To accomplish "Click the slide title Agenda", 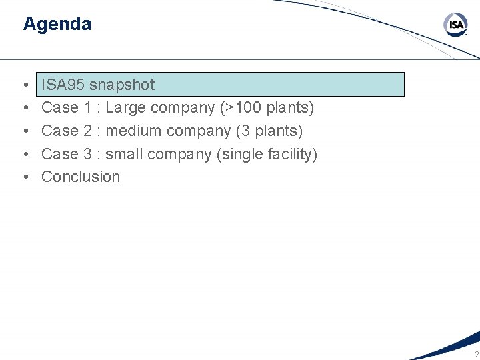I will tap(57, 24).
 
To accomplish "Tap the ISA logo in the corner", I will tap(456, 26).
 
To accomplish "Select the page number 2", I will tap(476, 354).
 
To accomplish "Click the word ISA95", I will tap(63, 85).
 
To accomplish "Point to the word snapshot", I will tap(121, 85).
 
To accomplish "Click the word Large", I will tap(125, 107).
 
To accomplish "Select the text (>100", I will tap(241, 107).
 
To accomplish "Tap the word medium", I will tap(133, 131).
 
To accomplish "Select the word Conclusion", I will tap(81, 177).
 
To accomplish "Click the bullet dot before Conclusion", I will tap(25, 177).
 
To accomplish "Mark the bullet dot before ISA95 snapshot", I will tap(25, 85).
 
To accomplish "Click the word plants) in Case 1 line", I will tap(290, 107).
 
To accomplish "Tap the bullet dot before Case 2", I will tap(25, 131).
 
